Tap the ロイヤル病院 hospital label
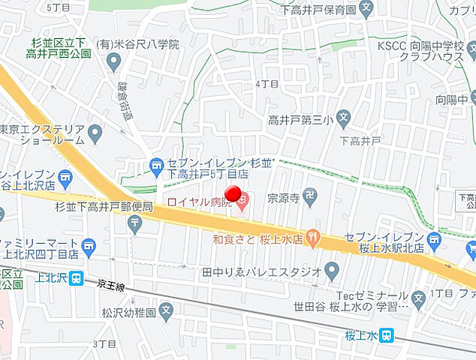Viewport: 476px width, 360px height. click(x=199, y=201)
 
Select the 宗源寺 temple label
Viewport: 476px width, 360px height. click(x=285, y=199)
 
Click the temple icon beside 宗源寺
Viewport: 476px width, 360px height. click(x=312, y=197)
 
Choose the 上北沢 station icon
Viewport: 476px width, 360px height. click(x=77, y=278)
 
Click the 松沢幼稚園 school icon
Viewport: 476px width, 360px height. click(x=166, y=307)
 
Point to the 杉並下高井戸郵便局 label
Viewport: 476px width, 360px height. click(x=105, y=206)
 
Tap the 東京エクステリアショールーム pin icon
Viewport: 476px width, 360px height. click(x=95, y=134)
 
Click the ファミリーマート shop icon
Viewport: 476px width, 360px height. click(x=89, y=244)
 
